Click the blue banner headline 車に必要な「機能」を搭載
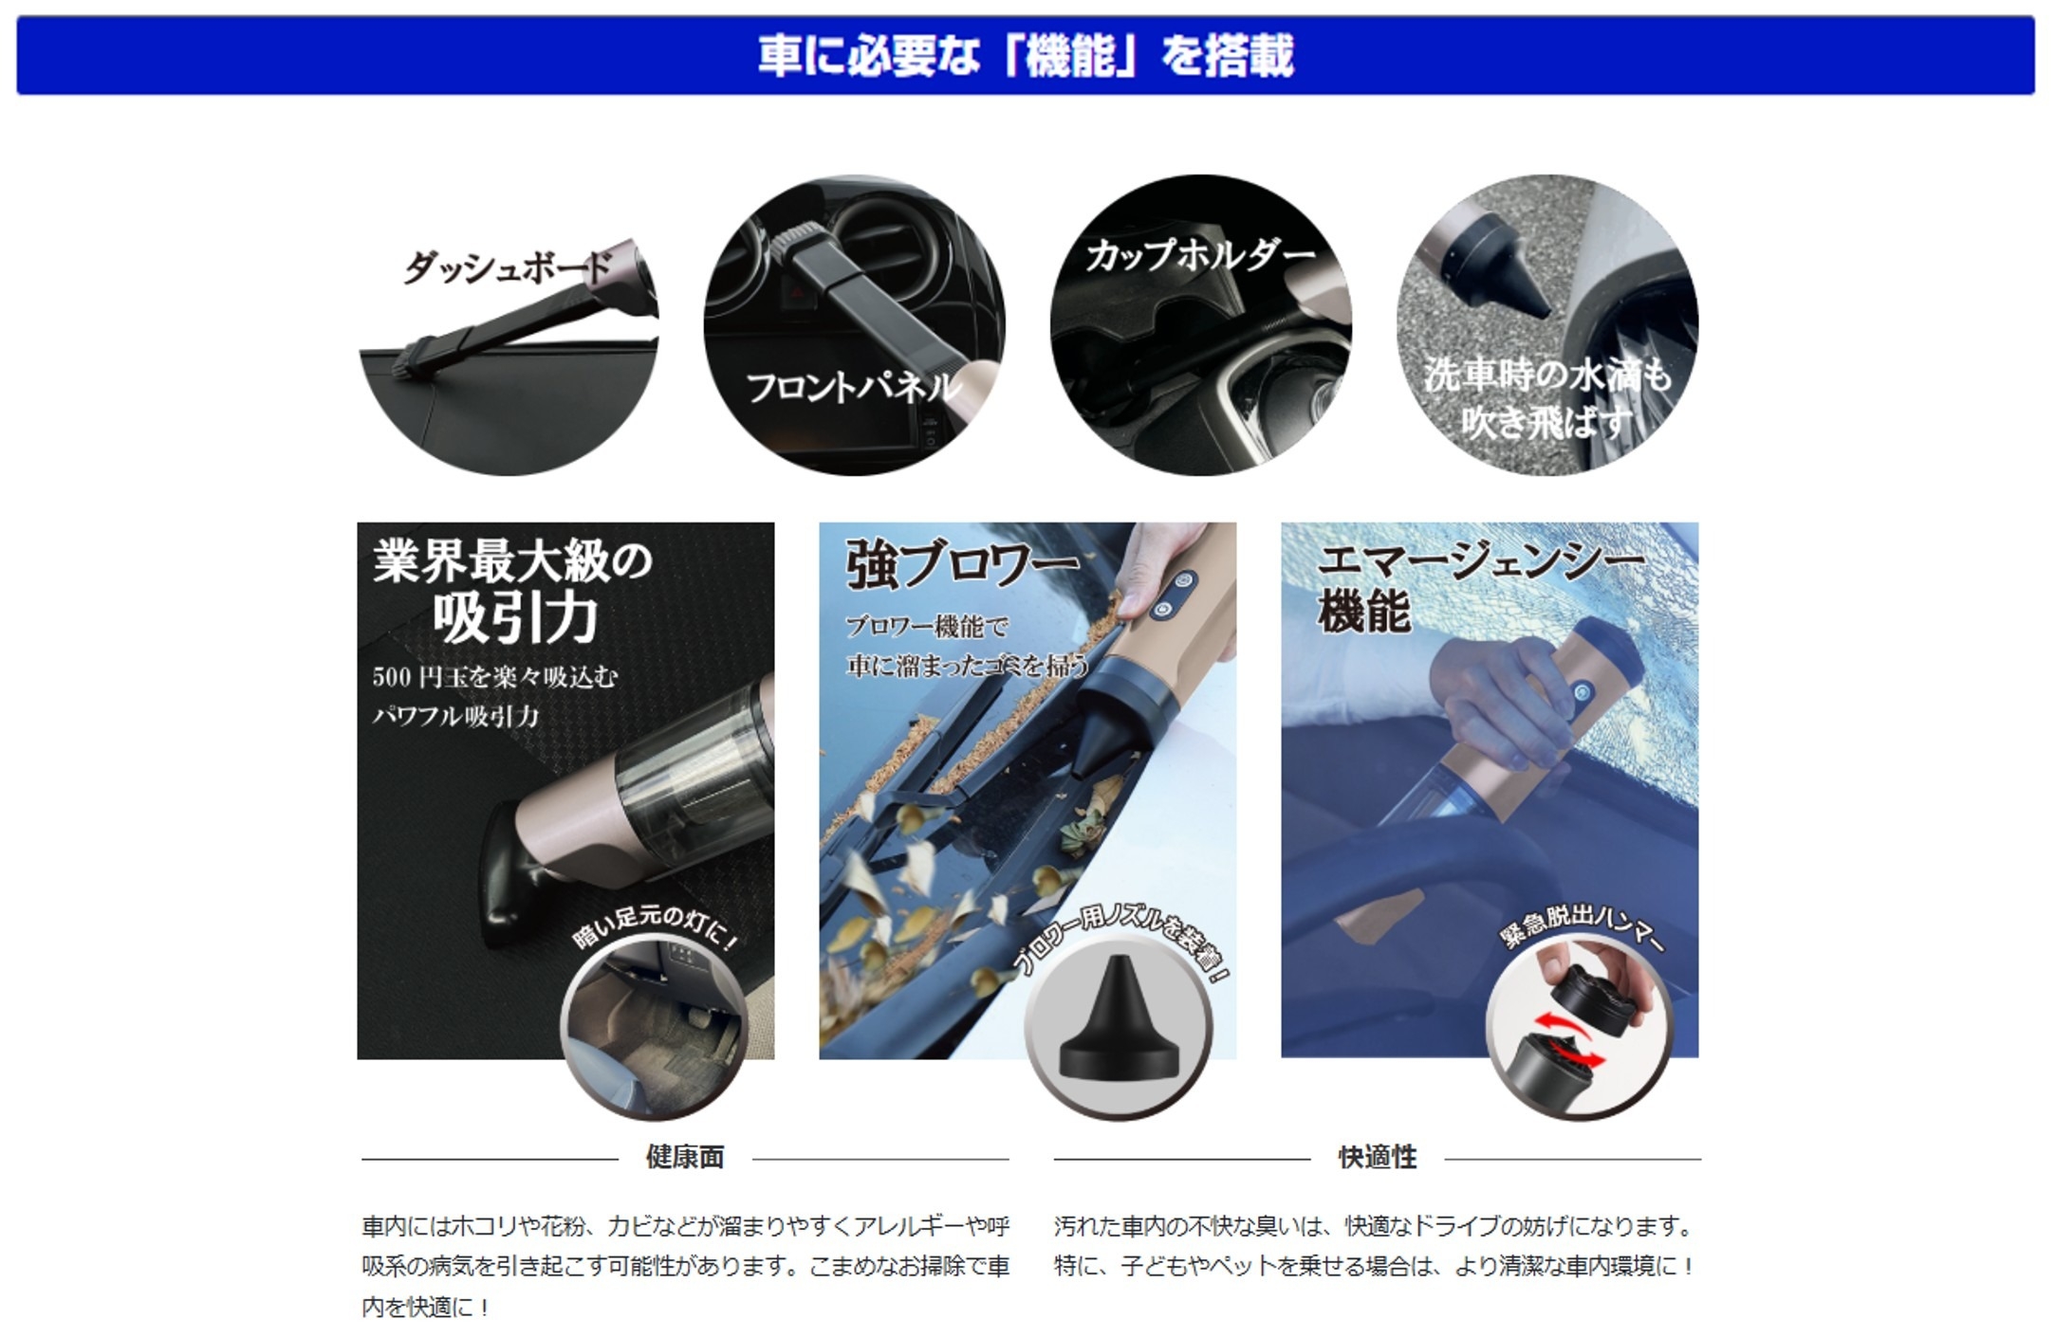[x=1026, y=55]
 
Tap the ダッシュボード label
[x=509, y=266]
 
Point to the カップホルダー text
[x=1201, y=255]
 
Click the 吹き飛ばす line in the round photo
[x=1546, y=422]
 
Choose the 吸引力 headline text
[x=515, y=618]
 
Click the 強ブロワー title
[x=961, y=565]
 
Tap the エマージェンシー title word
[x=1480, y=560]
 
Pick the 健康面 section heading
[x=685, y=1157]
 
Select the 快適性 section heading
[x=1378, y=1157]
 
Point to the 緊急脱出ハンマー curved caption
[x=1583, y=928]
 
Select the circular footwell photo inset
[x=655, y=1028]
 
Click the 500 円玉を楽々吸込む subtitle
[x=494, y=677]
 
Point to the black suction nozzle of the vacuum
[x=517, y=877]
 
